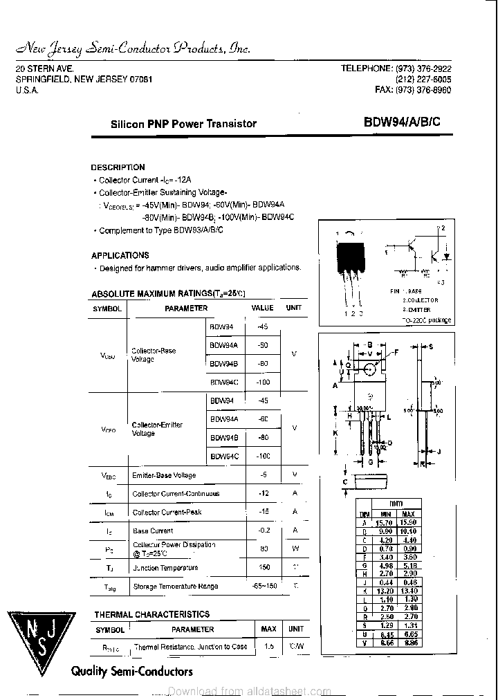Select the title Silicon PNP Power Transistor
(183, 124)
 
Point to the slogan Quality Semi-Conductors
(132, 671)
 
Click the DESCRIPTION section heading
(118, 167)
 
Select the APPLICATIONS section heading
(120, 255)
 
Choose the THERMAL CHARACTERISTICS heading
(151, 614)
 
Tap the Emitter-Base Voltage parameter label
(164, 475)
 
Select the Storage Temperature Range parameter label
(175, 587)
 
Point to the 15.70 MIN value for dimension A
(384, 523)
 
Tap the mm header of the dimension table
(396, 504)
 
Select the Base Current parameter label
(152, 531)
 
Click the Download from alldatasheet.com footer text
(249, 691)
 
